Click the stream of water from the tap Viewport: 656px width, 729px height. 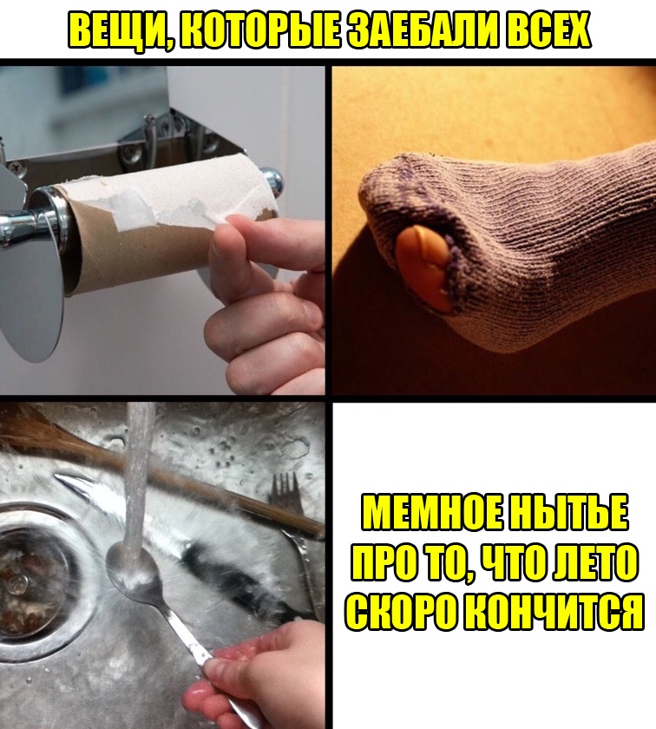tap(139, 479)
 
